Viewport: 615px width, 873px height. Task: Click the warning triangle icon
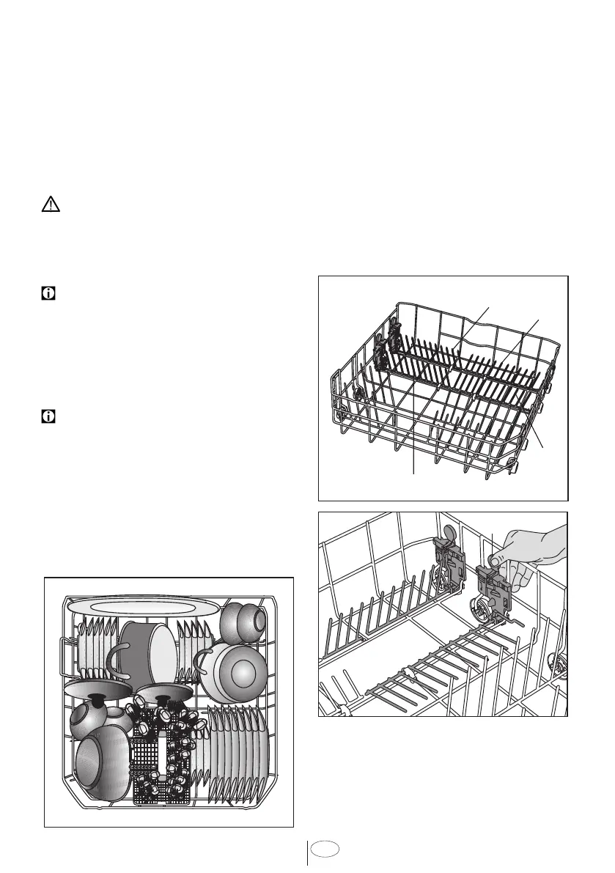click(x=50, y=205)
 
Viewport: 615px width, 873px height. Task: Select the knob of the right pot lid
click(x=163, y=691)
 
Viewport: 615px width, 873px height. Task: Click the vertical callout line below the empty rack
click(x=415, y=440)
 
